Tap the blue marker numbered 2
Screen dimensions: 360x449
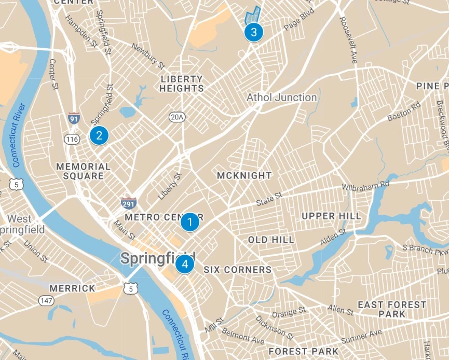(x=99, y=135)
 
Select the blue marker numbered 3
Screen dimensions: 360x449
(x=253, y=32)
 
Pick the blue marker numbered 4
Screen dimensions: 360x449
(x=184, y=265)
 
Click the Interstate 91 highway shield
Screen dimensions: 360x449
(x=74, y=118)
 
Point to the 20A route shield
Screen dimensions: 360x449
(x=176, y=117)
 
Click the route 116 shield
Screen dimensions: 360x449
(x=71, y=139)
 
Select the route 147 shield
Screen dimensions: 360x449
(x=46, y=301)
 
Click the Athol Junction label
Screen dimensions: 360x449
(x=281, y=98)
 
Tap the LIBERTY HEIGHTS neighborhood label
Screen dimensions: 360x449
(x=182, y=84)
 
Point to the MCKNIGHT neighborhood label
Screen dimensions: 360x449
(x=244, y=175)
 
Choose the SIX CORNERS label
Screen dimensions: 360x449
(x=237, y=270)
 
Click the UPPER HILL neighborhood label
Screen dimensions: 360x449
(x=331, y=216)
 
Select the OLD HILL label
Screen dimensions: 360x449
(x=271, y=240)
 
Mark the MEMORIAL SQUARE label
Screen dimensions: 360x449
(x=83, y=171)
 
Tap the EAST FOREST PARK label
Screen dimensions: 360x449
(x=392, y=309)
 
